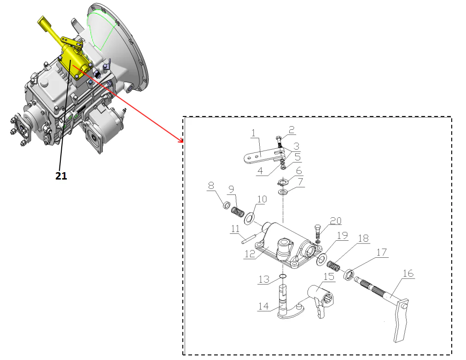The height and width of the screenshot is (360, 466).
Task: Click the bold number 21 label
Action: pyautogui.click(x=61, y=175)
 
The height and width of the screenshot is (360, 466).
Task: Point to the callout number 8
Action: pyautogui.click(x=211, y=186)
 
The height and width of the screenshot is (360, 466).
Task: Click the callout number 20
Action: pyautogui.click(x=336, y=221)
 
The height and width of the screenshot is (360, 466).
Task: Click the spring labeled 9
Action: pyautogui.click(x=237, y=212)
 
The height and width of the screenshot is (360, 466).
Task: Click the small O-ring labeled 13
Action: pyautogui.click(x=283, y=277)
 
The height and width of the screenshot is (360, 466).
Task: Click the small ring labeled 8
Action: pyautogui.click(x=227, y=205)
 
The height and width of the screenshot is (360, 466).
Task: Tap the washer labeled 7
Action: pyautogui.click(x=283, y=191)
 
